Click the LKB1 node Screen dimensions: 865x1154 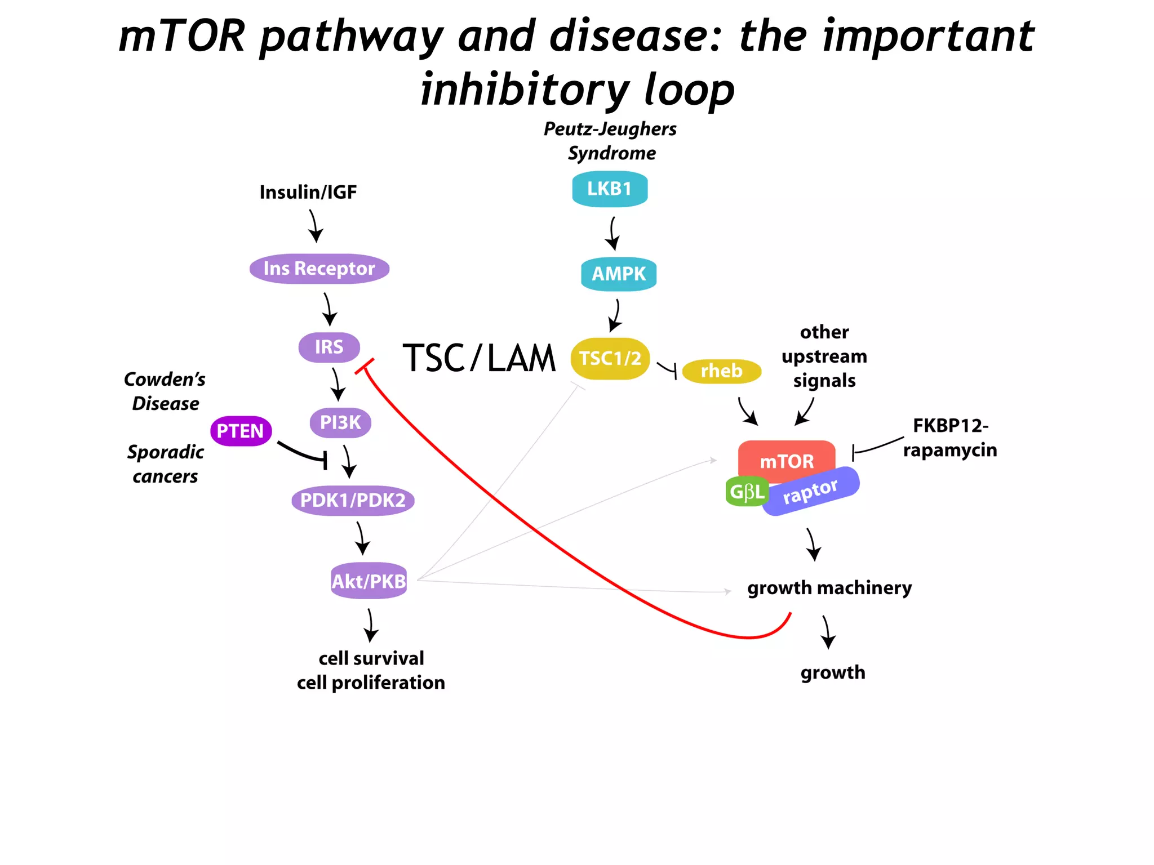(609, 189)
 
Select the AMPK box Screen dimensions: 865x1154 (618, 274)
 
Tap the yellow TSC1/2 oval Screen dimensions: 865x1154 (610, 359)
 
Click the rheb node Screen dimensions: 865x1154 (721, 371)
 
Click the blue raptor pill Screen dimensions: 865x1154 (811, 491)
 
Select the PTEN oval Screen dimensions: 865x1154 (241, 431)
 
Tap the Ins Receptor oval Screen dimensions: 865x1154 (319, 269)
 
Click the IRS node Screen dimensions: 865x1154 (329, 347)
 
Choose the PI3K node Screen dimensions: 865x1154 (340, 422)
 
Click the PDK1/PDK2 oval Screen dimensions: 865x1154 (353, 500)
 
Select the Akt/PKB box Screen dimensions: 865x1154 (369, 581)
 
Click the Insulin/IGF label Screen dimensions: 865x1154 (308, 193)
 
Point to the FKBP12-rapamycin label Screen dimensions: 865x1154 (950, 438)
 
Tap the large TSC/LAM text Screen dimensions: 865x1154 (479, 358)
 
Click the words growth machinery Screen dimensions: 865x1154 (829, 588)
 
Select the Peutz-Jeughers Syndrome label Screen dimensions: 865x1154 (610, 141)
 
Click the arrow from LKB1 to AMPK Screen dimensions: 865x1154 (612, 233)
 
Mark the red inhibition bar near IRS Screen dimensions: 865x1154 (365, 366)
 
